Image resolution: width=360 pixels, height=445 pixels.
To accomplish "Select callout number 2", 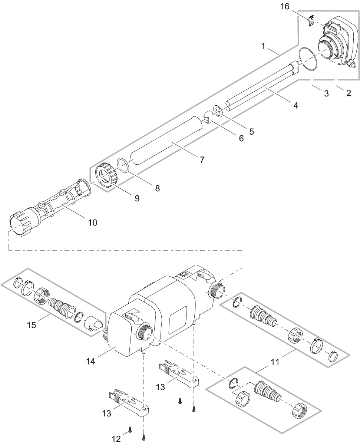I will (x=348, y=93).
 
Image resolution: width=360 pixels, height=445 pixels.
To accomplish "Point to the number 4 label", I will (x=295, y=105).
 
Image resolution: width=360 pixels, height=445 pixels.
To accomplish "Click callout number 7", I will (x=202, y=160).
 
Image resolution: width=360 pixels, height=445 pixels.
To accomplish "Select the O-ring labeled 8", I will (x=123, y=165).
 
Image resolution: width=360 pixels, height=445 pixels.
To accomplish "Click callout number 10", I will (x=92, y=222).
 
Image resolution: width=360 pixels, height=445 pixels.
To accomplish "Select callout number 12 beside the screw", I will (x=116, y=439).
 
